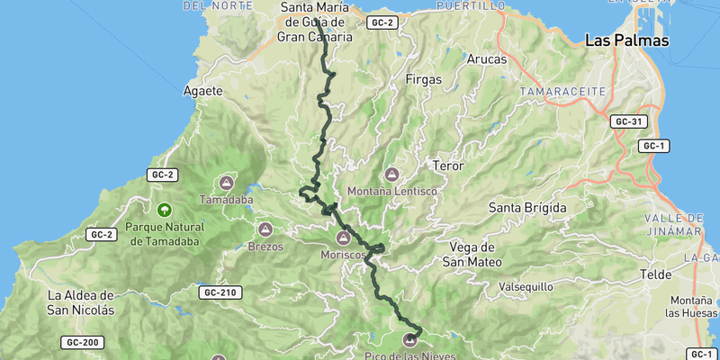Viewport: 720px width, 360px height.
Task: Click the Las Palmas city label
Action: (x=627, y=40)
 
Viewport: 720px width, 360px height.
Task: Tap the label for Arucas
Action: (x=487, y=59)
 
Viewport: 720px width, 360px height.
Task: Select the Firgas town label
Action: (x=424, y=79)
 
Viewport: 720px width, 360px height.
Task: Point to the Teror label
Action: (x=447, y=166)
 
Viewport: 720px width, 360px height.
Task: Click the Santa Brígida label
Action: (x=527, y=208)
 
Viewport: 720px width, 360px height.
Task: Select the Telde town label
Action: (x=655, y=274)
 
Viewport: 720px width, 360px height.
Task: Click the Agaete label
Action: (x=202, y=91)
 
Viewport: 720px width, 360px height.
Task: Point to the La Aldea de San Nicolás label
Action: (x=81, y=301)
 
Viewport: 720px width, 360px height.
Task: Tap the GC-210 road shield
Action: (x=220, y=292)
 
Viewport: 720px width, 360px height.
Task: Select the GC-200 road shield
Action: (x=83, y=342)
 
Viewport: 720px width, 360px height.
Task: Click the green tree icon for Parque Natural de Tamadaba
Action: (x=163, y=210)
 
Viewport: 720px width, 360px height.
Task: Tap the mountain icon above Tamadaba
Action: (x=226, y=182)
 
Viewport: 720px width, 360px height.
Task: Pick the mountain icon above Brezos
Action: (x=265, y=229)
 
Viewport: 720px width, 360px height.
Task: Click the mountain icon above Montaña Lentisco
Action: (x=391, y=174)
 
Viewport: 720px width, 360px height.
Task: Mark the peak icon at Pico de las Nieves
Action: (x=411, y=340)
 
